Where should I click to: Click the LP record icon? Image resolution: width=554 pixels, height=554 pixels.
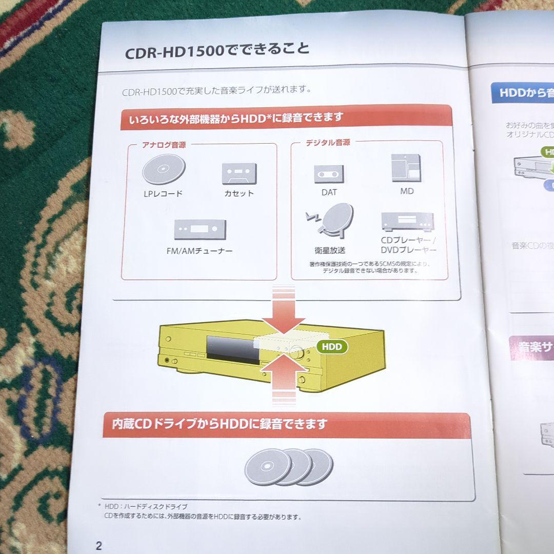point(164,169)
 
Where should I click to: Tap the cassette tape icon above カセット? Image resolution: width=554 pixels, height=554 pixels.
point(239,173)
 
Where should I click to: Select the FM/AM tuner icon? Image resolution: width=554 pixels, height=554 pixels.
point(200,229)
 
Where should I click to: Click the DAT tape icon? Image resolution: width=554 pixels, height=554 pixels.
point(329,174)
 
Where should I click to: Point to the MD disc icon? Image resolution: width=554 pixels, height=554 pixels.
point(406,168)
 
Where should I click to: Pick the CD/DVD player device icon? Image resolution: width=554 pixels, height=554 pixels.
point(407,221)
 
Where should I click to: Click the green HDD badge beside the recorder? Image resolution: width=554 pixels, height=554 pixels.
point(332,347)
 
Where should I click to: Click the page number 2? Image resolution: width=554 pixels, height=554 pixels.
point(98,545)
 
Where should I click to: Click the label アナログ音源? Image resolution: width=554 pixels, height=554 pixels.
point(164,145)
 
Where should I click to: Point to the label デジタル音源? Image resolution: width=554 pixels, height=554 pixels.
point(328,143)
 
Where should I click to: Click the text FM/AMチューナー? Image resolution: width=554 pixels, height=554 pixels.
point(200,251)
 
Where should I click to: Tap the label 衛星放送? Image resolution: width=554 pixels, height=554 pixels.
point(330,250)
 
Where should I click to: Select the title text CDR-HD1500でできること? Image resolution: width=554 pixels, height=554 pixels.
point(217,50)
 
